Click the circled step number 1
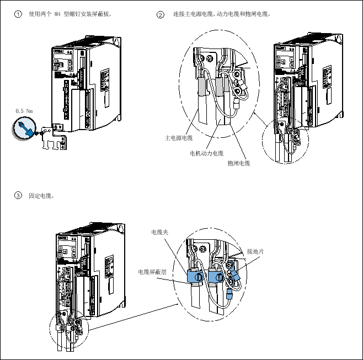click(x=18, y=14)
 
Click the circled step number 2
click(x=161, y=14)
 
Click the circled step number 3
click(x=18, y=195)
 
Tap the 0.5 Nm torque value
click(x=24, y=111)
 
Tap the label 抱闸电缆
click(x=239, y=163)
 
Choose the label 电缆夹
click(x=159, y=232)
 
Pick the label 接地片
click(x=255, y=251)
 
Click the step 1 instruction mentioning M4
click(x=70, y=14)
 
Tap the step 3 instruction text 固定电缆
click(x=41, y=195)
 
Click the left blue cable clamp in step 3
click(x=194, y=276)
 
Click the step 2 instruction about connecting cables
click(x=221, y=14)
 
